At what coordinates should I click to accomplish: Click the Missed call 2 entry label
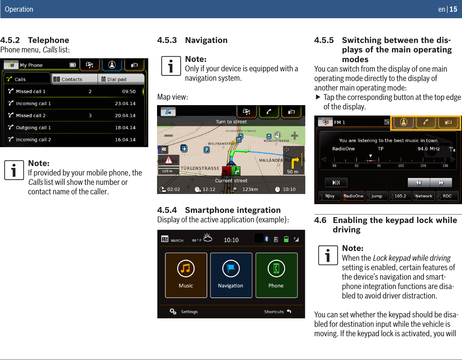[x=31, y=116]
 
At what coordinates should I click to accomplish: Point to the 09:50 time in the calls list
[x=129, y=91]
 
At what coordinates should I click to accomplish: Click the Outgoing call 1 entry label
[x=33, y=128]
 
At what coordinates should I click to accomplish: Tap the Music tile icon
[x=186, y=269]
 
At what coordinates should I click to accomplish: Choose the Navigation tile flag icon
[x=231, y=269]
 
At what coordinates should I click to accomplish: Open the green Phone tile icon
[x=276, y=269]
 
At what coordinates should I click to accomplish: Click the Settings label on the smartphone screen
[x=189, y=312]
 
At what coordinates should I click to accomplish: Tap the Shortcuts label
[x=274, y=312]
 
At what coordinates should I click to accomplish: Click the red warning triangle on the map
[x=168, y=160]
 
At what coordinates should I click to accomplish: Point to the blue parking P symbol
[x=207, y=150]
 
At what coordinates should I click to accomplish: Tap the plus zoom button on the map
[x=294, y=135]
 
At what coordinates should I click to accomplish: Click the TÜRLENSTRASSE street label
[x=200, y=168]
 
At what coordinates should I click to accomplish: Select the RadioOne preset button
[x=353, y=196]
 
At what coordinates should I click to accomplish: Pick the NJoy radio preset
[x=330, y=196]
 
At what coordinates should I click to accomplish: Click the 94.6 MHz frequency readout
[x=429, y=149]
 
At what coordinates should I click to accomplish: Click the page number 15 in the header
[x=453, y=9]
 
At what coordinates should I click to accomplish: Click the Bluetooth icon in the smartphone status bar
[x=267, y=239]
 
